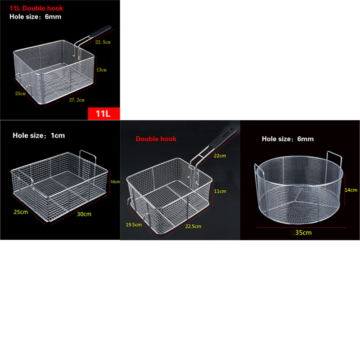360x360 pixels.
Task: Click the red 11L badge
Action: [102, 112]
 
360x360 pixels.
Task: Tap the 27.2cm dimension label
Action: [76, 100]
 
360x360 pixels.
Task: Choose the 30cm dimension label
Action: [85, 214]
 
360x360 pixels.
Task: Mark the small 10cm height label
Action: [115, 182]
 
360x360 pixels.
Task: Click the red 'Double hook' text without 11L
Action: [156, 139]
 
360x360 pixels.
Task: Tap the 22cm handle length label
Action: [220, 155]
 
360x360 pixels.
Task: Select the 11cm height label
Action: [220, 191]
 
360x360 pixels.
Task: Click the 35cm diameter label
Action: [303, 233]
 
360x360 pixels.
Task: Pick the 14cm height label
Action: [351, 190]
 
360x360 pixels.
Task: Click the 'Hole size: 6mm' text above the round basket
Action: [288, 139]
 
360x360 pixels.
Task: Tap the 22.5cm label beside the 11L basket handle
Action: [103, 42]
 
